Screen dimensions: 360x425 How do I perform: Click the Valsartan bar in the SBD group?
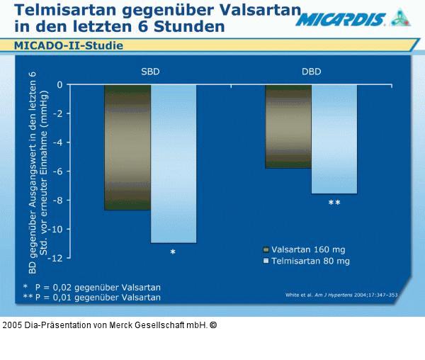(x=127, y=147)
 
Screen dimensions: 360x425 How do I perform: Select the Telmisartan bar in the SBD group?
(x=174, y=164)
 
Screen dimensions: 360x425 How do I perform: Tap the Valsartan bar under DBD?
(x=288, y=126)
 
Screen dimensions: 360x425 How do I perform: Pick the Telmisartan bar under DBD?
(x=334, y=139)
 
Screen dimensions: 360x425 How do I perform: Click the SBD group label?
(x=149, y=72)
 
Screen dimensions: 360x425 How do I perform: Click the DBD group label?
(x=310, y=72)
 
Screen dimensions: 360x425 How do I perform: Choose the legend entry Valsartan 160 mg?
(x=305, y=249)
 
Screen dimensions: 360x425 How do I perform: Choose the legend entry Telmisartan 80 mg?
(x=305, y=261)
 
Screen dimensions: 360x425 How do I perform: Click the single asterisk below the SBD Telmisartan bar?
(x=173, y=252)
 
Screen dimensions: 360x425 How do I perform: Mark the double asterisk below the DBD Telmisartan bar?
(x=334, y=203)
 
